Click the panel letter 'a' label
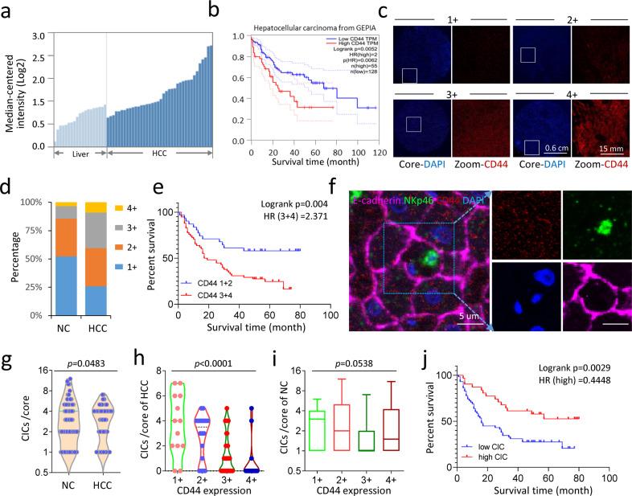coord(7,10)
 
